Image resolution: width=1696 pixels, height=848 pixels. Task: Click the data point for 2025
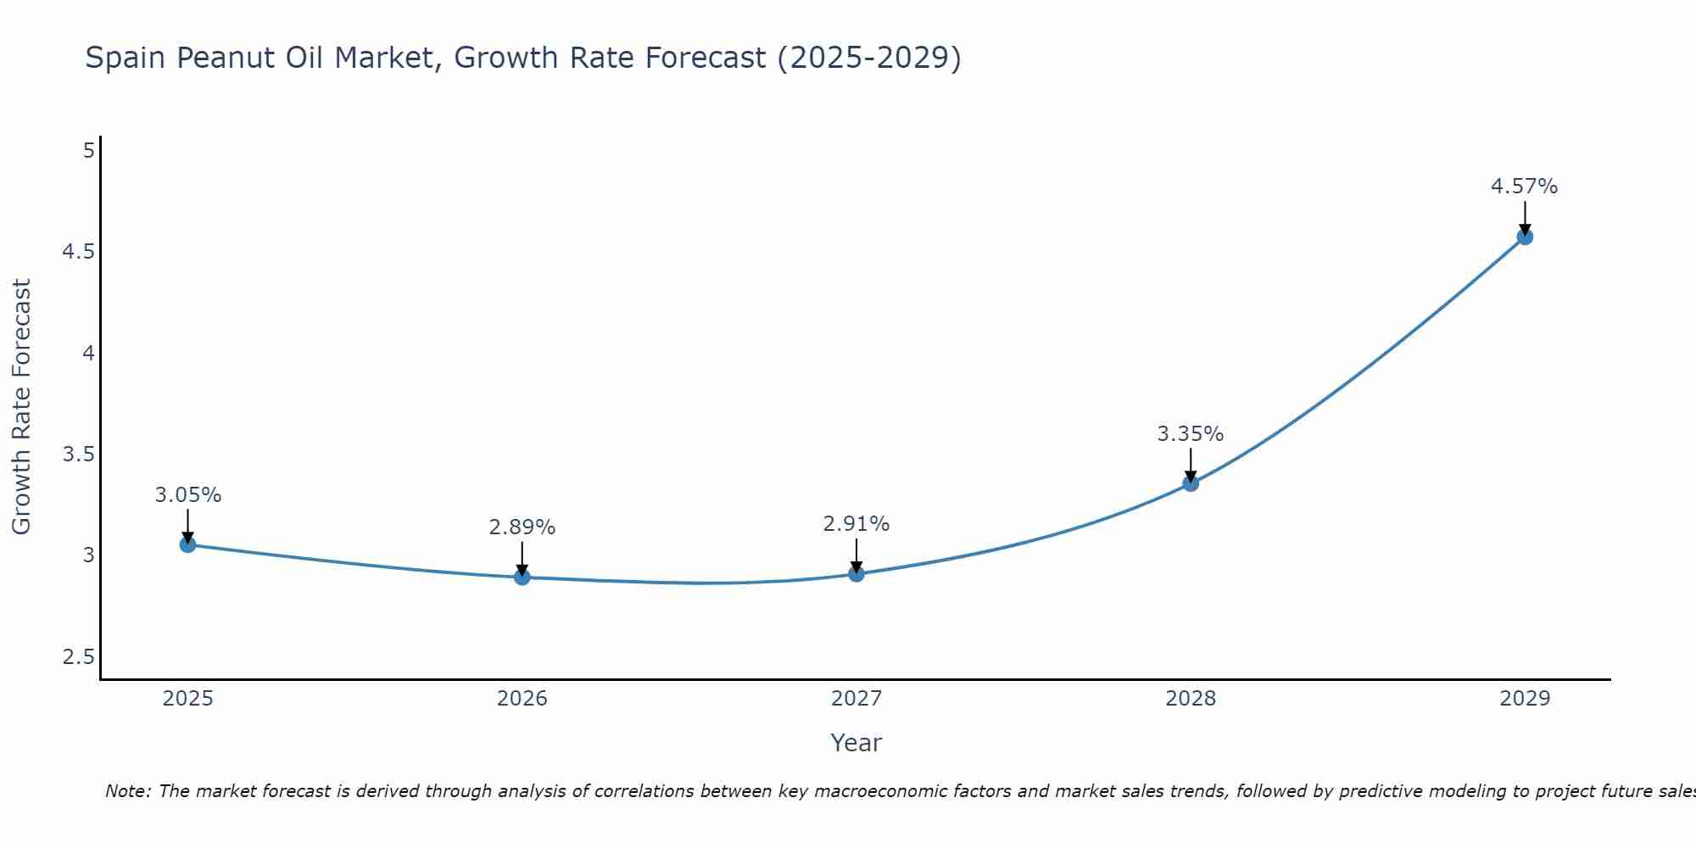click(x=187, y=544)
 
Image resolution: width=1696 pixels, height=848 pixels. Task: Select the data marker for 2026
click(x=522, y=577)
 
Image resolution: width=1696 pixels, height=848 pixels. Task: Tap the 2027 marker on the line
click(x=856, y=574)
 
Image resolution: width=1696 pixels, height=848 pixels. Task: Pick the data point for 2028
click(x=1191, y=483)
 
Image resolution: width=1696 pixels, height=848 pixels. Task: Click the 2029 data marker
click(x=1525, y=237)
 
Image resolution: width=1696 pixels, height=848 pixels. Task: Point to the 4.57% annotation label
click(x=1524, y=187)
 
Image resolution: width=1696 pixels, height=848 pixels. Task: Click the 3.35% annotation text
click(x=1190, y=434)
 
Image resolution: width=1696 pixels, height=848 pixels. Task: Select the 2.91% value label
click(x=856, y=524)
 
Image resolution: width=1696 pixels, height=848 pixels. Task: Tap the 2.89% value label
click(x=522, y=527)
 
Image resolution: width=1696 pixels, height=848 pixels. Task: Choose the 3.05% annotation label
click(x=187, y=495)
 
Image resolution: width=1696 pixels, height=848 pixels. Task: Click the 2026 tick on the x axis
click(x=522, y=699)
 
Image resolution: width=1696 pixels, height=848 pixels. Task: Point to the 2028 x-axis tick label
click(x=1191, y=699)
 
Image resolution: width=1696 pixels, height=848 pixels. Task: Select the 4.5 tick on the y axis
click(x=78, y=252)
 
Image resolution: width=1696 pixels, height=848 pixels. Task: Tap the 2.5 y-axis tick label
click(x=78, y=657)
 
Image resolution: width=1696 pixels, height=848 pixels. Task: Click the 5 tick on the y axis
click(x=88, y=151)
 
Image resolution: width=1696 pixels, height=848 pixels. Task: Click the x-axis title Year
click(x=856, y=743)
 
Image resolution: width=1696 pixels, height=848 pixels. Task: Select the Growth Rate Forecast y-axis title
click(x=21, y=407)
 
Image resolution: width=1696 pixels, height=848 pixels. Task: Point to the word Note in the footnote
click(x=127, y=791)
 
